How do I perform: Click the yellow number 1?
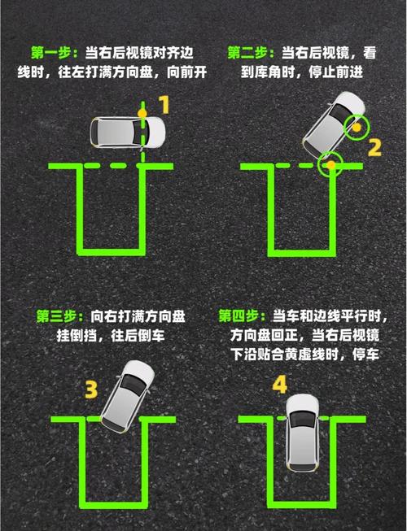[x=164, y=104]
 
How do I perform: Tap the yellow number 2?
[x=374, y=147]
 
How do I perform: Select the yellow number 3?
[x=92, y=389]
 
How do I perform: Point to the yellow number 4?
[x=279, y=385]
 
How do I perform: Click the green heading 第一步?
[x=55, y=52]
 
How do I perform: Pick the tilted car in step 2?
[x=334, y=128]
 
